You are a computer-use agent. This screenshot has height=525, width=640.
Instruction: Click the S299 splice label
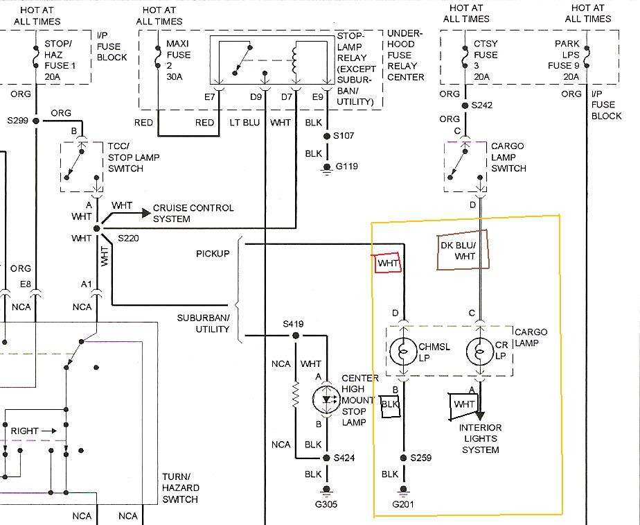(17, 121)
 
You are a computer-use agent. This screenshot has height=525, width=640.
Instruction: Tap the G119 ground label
(346, 166)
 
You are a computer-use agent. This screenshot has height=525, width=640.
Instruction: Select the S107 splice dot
(326, 136)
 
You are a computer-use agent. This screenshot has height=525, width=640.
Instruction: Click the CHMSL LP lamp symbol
(403, 352)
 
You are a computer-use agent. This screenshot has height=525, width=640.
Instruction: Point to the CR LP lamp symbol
(479, 352)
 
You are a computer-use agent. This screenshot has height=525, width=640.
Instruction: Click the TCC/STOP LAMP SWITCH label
(134, 157)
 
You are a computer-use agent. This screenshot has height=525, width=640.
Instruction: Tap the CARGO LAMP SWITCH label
(508, 157)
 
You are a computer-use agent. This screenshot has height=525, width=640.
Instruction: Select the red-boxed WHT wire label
(388, 263)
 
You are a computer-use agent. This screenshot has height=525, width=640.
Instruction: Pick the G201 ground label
(403, 505)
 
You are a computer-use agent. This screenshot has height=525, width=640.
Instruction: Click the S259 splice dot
(403, 458)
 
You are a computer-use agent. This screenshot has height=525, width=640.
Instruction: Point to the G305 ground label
(326, 505)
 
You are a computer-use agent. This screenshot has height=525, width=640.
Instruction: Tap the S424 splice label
(344, 458)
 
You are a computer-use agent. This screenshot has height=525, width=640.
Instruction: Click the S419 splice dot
(296, 336)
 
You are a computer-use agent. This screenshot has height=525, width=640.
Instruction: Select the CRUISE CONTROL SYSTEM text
(193, 214)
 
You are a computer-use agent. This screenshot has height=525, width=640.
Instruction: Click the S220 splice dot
(97, 229)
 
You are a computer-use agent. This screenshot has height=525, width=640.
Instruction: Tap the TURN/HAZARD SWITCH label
(180, 488)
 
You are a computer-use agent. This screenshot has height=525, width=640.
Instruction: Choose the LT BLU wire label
(245, 123)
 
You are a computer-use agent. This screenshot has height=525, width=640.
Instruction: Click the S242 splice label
(481, 105)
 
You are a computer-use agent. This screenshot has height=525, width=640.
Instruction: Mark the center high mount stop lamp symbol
(326, 399)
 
